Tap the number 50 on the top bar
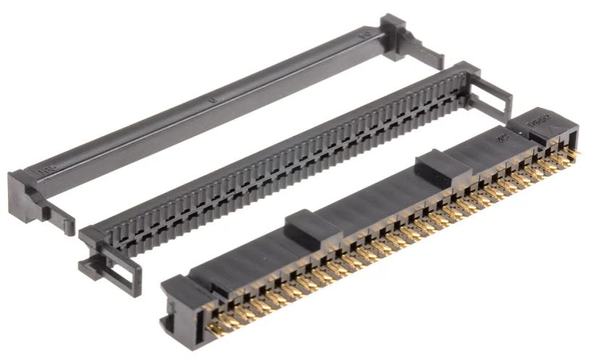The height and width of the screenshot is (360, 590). click(367, 33)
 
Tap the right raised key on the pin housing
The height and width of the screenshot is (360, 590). click(439, 165)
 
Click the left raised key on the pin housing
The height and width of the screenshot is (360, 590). click(312, 225)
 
